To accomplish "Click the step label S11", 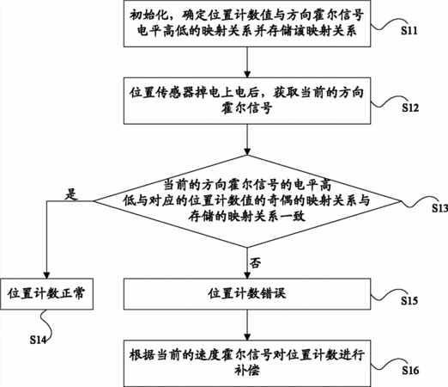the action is tap(409, 31).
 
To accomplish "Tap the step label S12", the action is tap(410, 107).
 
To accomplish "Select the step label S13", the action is tap(440, 208).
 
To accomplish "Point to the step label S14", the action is tap(38, 340).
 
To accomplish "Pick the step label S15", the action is tap(409, 301).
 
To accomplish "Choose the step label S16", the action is tap(410, 371).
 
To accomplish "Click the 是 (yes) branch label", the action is tap(71, 194).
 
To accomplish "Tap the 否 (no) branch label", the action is tap(255, 262).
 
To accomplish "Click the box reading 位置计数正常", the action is tap(46, 294).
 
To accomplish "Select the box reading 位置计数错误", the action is tap(247, 294).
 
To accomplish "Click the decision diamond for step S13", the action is tap(247, 201).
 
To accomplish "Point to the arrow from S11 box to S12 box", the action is tap(247, 62).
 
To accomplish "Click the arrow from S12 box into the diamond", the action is tap(247, 139).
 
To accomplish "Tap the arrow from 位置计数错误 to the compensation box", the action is tap(247, 325).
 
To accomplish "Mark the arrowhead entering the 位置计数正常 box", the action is tap(46, 274).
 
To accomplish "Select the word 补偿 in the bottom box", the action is tap(247, 371).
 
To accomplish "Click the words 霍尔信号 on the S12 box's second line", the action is tap(246, 108).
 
